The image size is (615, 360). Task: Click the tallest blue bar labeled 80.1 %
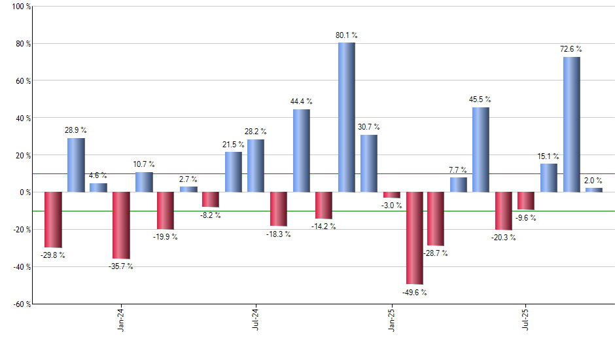(x=347, y=117)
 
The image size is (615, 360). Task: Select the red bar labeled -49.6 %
(x=415, y=238)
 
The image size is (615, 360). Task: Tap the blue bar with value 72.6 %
(x=571, y=124)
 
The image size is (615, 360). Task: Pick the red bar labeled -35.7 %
(x=121, y=225)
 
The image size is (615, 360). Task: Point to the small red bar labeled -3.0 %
(x=392, y=195)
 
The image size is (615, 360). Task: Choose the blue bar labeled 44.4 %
(x=302, y=151)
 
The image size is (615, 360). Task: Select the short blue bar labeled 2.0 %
(x=594, y=190)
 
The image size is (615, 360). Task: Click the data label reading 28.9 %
(x=76, y=131)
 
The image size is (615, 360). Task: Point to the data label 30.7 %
(x=369, y=127)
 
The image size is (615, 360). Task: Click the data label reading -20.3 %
(x=503, y=238)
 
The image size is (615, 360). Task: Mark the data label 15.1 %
(x=548, y=156)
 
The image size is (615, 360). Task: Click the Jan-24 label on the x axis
(x=122, y=320)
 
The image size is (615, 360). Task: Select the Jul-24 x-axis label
(x=256, y=320)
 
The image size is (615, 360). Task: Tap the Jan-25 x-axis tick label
(x=392, y=320)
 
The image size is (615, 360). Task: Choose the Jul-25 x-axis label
(x=526, y=320)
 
